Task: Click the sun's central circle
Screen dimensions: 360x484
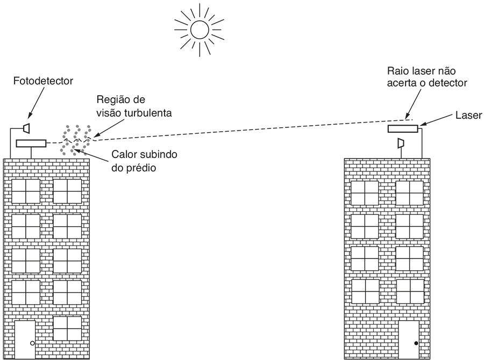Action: [199, 30]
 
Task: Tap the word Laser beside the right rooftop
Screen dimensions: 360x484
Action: [468, 115]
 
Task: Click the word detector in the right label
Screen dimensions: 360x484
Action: [450, 83]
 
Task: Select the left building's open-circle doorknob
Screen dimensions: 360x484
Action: [32, 343]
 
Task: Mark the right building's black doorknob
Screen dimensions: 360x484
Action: [416, 343]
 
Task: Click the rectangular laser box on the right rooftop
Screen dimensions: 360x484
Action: [403, 129]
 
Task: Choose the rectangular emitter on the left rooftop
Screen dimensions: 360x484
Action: [31, 143]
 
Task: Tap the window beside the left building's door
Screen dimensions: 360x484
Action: [67, 328]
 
